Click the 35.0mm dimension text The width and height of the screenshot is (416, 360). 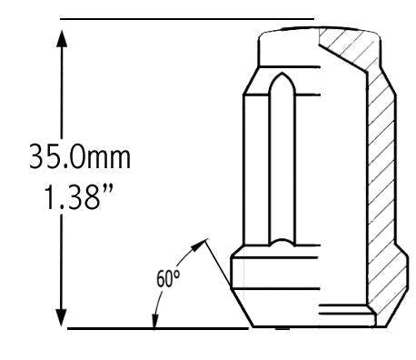80,156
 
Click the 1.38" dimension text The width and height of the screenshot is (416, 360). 79,197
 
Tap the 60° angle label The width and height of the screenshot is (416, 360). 168,278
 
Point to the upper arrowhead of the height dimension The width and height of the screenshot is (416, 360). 62,38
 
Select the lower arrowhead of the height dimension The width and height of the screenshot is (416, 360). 62,317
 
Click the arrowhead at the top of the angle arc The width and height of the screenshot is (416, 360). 199,245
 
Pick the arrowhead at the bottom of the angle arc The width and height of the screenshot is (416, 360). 155,321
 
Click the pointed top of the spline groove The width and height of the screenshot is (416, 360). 282,74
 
